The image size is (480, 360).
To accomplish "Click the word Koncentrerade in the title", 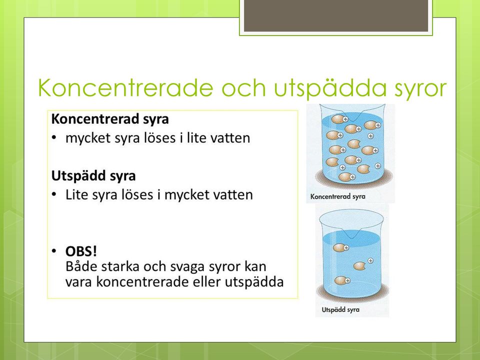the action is [125, 88].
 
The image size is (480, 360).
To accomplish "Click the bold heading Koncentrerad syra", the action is [110, 119].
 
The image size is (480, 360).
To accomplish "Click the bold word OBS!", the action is [81, 251].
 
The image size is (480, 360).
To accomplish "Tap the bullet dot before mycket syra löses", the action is [54, 138].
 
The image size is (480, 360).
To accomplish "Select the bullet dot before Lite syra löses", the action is [54, 194].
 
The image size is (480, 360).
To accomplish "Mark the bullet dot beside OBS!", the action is [54, 251].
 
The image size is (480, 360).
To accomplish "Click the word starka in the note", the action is [120, 266].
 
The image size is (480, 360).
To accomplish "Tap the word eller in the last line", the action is [206, 281].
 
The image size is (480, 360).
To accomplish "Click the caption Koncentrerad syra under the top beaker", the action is [337, 197].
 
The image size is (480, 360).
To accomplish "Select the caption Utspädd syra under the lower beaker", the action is [340, 310].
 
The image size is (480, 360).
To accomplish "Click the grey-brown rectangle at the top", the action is [336, 15].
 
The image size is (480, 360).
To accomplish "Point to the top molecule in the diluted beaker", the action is [340, 247].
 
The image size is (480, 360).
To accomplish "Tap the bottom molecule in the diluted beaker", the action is [342, 280].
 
